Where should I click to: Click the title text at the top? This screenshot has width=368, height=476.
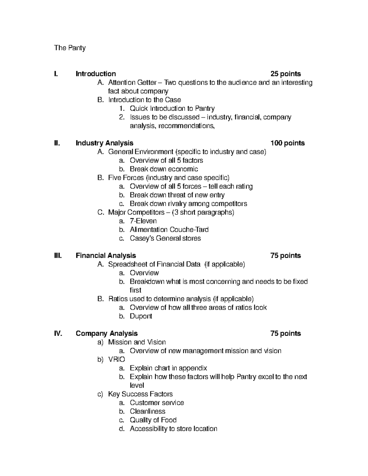(x=70, y=48)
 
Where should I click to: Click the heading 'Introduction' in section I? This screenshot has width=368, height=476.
(x=96, y=74)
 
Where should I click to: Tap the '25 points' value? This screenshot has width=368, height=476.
(x=285, y=74)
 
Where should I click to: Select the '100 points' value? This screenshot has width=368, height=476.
(x=287, y=143)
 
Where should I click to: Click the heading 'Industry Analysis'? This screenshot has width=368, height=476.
(x=104, y=143)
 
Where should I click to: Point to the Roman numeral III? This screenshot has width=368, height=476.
(x=58, y=256)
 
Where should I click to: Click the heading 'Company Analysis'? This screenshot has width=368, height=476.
(x=106, y=333)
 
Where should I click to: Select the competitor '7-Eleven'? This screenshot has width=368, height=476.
(x=143, y=221)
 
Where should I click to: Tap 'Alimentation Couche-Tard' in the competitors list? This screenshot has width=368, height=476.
(x=169, y=230)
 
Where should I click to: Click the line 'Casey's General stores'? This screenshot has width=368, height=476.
(x=165, y=238)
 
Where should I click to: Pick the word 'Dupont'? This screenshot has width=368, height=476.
(x=141, y=316)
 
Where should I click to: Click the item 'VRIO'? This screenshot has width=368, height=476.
(x=117, y=360)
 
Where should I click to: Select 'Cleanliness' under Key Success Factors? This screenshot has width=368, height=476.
(x=147, y=411)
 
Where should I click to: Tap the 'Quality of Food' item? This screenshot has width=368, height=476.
(x=153, y=420)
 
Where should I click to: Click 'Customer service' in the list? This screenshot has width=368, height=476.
(x=157, y=403)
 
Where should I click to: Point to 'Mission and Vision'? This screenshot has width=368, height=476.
(x=137, y=342)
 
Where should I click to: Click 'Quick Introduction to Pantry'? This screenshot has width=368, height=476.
(x=172, y=109)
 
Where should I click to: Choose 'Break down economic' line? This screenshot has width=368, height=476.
(x=164, y=169)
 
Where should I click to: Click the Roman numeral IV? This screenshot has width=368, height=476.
(x=58, y=333)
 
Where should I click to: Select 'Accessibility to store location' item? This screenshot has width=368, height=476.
(x=173, y=429)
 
